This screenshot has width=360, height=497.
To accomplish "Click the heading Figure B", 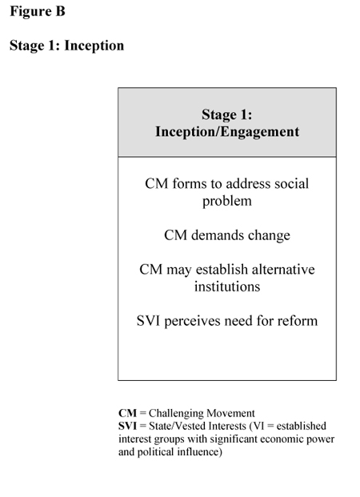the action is [x=38, y=11].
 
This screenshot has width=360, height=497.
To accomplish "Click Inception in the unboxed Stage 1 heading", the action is [x=94, y=46].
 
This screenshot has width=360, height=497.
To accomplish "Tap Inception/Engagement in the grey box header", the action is [x=227, y=132].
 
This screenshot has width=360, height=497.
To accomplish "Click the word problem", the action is [x=227, y=201].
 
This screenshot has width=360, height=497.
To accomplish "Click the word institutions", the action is [x=227, y=287].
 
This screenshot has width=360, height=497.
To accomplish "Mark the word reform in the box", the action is [x=298, y=321].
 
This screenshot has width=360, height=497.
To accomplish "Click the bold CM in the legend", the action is [x=127, y=413].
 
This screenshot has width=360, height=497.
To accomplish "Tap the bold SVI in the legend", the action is [x=127, y=426].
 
